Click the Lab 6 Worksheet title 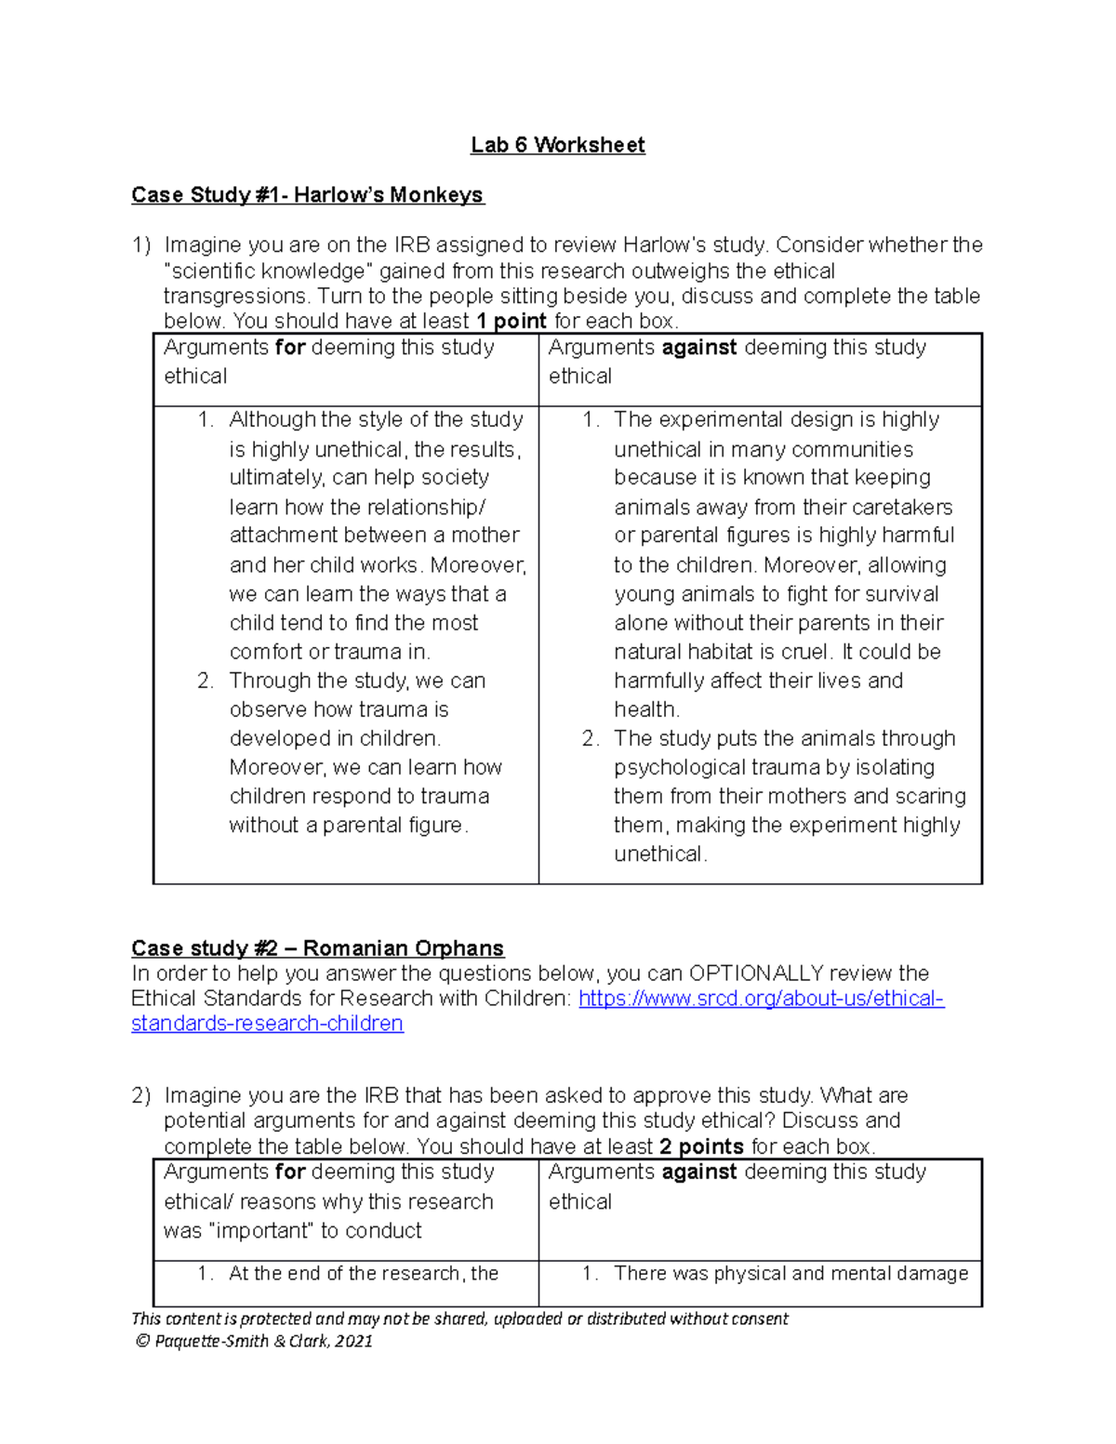pos(557,145)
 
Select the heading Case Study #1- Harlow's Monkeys pos(307,195)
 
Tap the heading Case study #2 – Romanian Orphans pos(317,948)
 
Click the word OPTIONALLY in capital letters pos(755,974)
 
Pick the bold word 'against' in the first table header pos(698,348)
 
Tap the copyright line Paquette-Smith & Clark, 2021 pos(253,1341)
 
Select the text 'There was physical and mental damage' pos(790,1274)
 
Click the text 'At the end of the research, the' pos(364,1274)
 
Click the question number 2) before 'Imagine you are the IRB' pos(140,1096)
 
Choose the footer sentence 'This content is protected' pos(459,1318)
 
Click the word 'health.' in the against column pos(646,709)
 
